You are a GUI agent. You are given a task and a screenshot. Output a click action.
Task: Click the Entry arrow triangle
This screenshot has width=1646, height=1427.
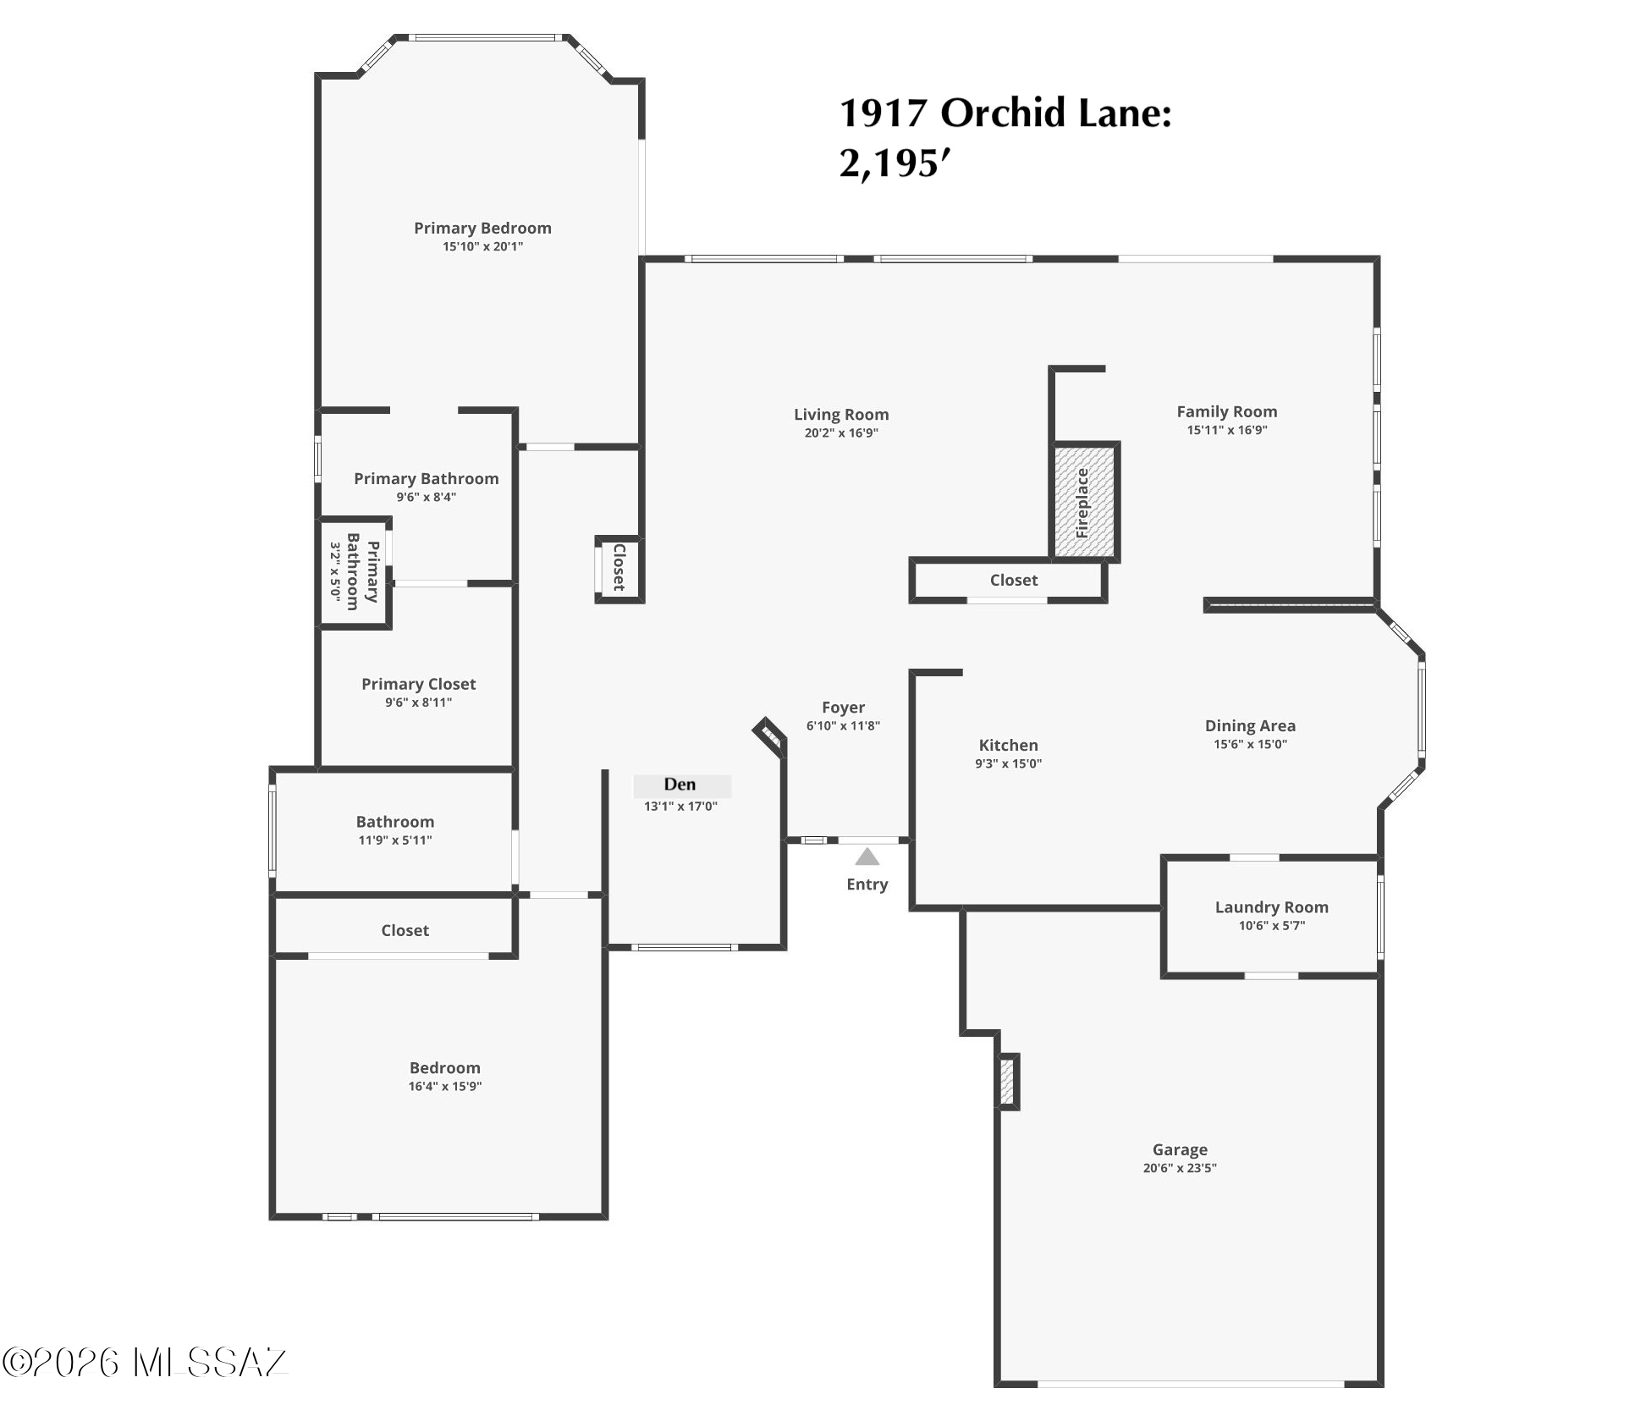point(867,857)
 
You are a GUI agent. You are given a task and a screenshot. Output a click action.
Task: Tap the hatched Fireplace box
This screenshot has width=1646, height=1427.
point(1084,502)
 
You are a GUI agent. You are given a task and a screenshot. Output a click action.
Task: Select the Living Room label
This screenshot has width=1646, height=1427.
point(841,415)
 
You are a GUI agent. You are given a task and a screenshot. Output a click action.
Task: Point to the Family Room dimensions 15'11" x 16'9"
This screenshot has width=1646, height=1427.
point(1227,430)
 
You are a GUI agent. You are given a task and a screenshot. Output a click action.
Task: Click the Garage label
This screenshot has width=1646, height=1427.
point(1180,1149)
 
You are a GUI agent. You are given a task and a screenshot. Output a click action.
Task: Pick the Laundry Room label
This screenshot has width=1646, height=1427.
point(1272,906)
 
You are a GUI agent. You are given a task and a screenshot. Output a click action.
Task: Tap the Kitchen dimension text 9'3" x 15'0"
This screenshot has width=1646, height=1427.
point(1008,763)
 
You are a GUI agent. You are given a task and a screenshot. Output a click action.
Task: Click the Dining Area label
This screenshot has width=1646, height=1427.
point(1250,725)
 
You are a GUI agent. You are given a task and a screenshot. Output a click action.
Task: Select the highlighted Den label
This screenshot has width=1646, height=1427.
point(680,785)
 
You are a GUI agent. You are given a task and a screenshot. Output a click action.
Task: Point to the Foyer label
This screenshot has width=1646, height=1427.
point(843,707)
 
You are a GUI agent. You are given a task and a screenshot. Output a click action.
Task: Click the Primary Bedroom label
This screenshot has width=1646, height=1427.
point(482,228)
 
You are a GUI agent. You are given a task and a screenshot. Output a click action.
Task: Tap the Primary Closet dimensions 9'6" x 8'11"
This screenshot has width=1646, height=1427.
point(418,702)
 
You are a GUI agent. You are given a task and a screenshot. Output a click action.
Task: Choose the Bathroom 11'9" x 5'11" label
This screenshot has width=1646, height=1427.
point(395,821)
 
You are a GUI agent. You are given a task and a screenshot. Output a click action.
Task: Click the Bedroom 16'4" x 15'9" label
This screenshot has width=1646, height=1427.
point(445,1068)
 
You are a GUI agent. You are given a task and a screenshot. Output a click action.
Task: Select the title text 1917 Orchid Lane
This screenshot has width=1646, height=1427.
point(1005,113)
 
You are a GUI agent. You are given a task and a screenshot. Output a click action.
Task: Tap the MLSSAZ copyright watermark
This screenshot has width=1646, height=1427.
point(145,1363)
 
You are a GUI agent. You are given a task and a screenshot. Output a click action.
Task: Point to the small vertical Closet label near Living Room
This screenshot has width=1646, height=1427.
point(619,567)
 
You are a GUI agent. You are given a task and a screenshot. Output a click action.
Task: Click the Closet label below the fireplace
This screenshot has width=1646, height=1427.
point(1013,580)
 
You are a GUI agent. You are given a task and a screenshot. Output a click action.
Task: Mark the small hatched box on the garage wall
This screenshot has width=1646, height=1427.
point(1008,1082)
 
